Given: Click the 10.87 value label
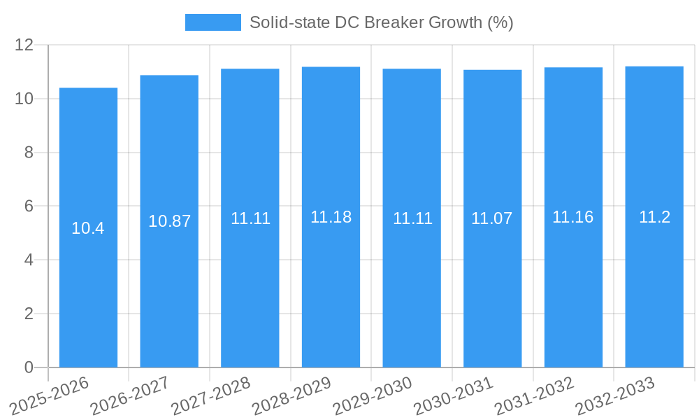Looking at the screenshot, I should [x=169, y=221].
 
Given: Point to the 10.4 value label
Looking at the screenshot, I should [x=88, y=228].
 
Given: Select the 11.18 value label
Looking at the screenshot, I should [x=331, y=217].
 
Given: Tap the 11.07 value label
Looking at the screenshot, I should [x=492, y=218].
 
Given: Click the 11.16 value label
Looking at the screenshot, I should [x=573, y=217].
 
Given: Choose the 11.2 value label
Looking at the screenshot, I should [x=654, y=217].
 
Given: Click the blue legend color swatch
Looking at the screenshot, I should [x=212, y=22].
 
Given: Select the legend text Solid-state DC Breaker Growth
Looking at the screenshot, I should [x=381, y=22].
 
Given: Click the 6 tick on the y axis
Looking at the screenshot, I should [x=29, y=206].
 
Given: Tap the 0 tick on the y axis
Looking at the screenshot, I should [x=29, y=367].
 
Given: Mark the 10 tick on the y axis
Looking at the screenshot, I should [x=24, y=99].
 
